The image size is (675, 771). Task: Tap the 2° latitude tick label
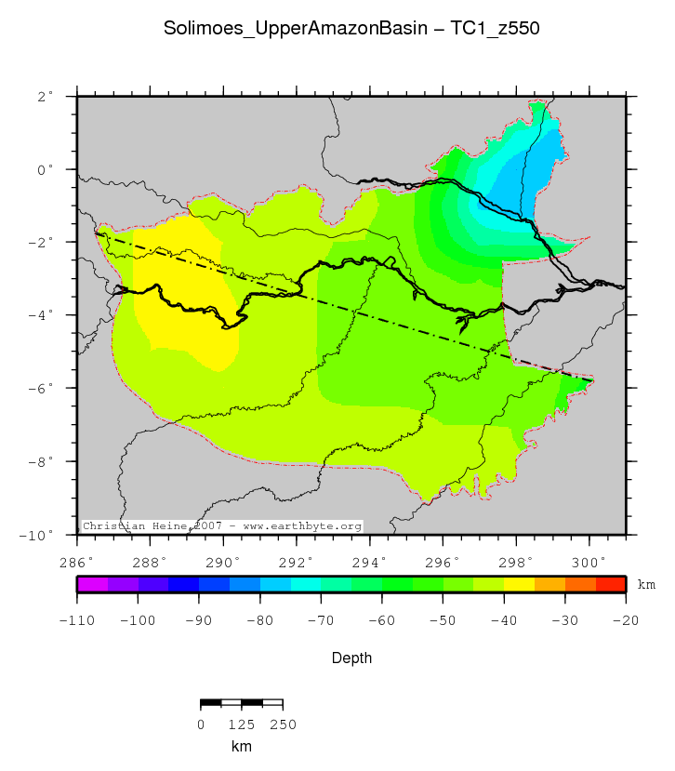46,96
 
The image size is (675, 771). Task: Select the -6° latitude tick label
43,388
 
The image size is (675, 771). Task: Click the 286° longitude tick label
77,562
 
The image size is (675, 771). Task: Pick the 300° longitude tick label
589,562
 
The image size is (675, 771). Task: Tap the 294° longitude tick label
369,562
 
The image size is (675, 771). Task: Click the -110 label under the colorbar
78,619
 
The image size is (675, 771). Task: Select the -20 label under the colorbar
625,619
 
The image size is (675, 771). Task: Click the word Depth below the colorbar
352,658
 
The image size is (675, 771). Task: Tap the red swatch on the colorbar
610,584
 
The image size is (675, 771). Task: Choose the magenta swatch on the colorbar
93,584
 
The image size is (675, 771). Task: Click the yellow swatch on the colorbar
519,584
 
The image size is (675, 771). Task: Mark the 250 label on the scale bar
283,724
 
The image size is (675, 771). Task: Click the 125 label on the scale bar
242,724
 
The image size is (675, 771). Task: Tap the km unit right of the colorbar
645,584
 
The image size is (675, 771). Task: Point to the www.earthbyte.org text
302,526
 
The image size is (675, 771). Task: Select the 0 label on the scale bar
201,724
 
